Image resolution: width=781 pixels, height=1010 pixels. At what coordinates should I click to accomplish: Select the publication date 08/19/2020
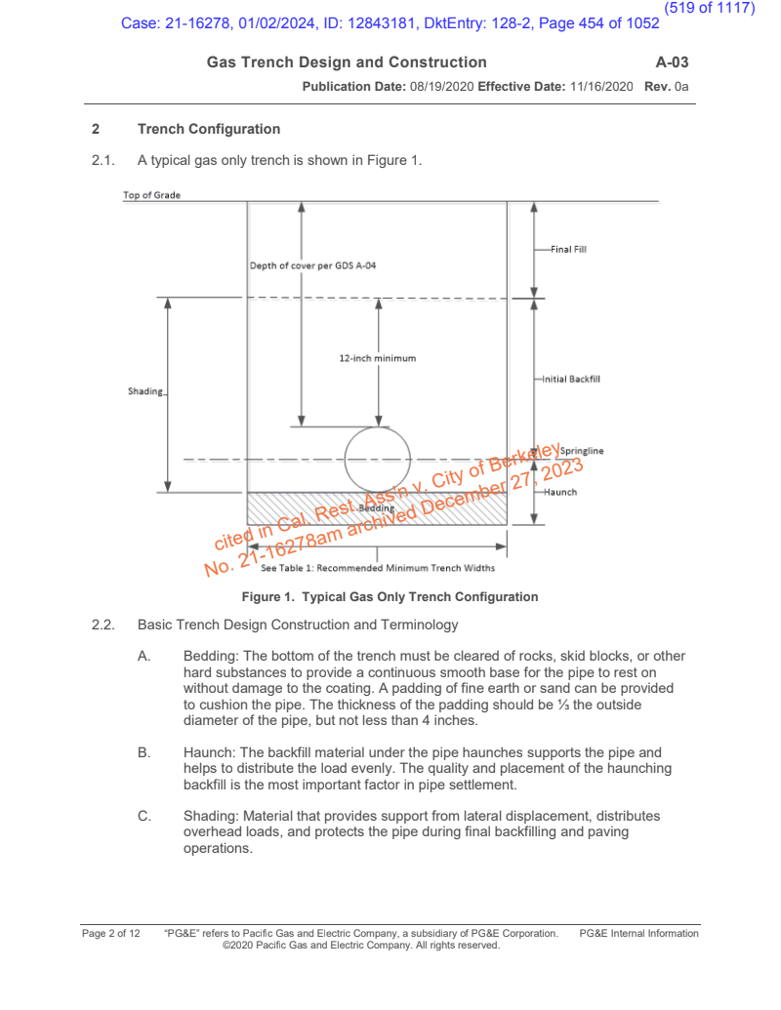coord(440,87)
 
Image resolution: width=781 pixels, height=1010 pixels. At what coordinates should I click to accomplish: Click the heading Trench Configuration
coord(209,129)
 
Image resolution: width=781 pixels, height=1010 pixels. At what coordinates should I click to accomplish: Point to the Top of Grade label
coord(151,195)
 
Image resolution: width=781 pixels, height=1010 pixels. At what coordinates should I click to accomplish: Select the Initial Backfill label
coord(571,379)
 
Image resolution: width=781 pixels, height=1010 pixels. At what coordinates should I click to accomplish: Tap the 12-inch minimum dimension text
coord(377,358)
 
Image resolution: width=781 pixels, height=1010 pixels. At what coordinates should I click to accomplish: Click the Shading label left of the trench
coord(145,391)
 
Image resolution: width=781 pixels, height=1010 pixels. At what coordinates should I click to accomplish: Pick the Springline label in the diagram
coord(582,451)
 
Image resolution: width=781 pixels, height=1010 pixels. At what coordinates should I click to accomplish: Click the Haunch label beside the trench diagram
coord(560,492)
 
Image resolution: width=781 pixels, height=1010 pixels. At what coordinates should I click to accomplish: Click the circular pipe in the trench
coord(378,459)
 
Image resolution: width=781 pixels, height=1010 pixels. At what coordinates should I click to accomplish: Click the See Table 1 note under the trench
coord(379,568)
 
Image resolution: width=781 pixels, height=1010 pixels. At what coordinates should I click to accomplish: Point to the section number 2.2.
coord(103,625)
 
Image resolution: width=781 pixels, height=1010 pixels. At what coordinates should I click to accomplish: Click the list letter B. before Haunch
coord(144,752)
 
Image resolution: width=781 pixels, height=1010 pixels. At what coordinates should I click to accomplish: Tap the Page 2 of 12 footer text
coord(110,934)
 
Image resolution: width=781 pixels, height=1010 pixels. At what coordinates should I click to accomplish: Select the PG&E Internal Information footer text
coord(638,934)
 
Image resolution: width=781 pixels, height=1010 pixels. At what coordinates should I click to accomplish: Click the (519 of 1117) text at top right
coord(710,8)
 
